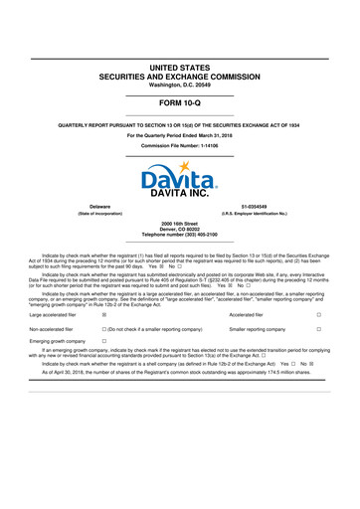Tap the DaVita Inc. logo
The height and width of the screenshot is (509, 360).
[x=180, y=182]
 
